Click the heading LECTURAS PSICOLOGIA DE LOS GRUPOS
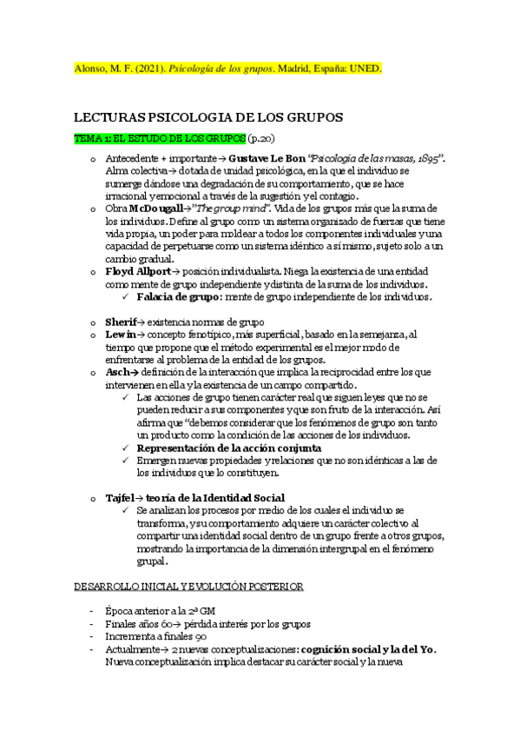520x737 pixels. coord(208,116)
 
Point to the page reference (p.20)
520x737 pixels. coord(261,138)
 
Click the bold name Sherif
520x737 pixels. coord(121,322)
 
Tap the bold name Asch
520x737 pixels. coord(118,371)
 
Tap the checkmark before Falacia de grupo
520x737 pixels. coord(127,296)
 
